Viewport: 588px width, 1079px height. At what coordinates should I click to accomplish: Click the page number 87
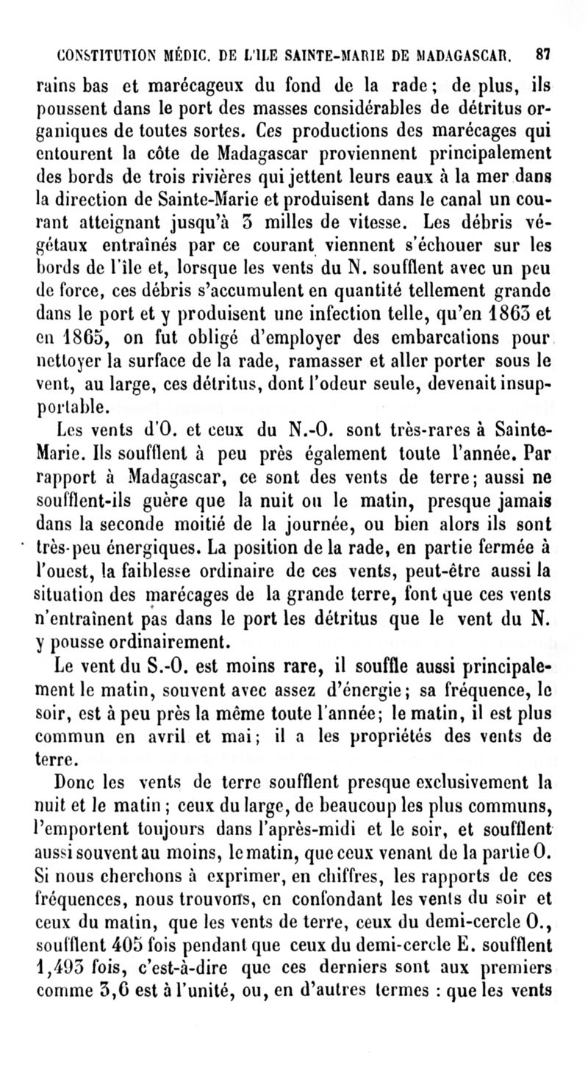(x=545, y=54)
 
